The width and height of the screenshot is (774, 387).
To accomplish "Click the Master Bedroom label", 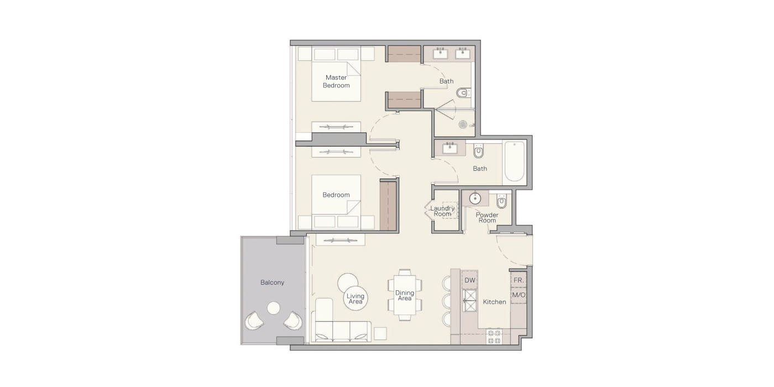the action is tap(336, 82).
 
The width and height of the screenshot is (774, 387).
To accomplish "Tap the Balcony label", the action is tap(272, 283).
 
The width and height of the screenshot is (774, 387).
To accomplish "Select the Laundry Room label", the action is tap(442, 211).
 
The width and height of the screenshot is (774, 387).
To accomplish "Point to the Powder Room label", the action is tap(487, 218).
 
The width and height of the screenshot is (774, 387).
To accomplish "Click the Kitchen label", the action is tap(494, 302).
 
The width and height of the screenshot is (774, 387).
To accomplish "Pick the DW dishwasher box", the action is tap(470, 280).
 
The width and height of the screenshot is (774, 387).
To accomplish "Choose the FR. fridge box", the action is tap(519, 280).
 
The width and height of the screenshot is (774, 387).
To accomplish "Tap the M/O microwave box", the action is tap(519, 295).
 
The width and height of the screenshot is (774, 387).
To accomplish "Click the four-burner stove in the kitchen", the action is tap(494, 337).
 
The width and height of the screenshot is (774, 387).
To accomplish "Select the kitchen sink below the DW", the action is tap(469, 300).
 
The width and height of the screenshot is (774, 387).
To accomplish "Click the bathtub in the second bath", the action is tap(515, 161).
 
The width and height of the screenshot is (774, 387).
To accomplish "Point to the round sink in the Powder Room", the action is tap(475, 198).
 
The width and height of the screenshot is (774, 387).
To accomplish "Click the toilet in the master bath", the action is tap(462, 93).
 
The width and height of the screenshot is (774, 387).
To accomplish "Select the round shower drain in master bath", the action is tap(463, 124).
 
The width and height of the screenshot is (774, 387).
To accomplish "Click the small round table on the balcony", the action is tap(274, 308).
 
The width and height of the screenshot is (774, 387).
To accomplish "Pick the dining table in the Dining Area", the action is tap(405, 295).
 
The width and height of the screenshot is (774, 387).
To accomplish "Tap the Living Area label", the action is tap(355, 299).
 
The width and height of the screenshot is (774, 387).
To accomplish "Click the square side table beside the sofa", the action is tap(380, 333).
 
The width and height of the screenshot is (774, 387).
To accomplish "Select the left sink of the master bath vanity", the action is tap(441, 54).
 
